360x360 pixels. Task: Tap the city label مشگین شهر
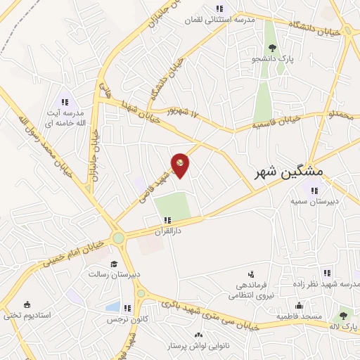click(289, 172)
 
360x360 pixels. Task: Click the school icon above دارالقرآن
click(167, 220)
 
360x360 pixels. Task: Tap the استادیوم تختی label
click(27, 315)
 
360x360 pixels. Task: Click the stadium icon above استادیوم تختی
click(27, 304)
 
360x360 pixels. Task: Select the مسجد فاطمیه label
click(299, 316)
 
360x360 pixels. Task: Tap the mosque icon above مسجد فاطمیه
click(299, 306)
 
